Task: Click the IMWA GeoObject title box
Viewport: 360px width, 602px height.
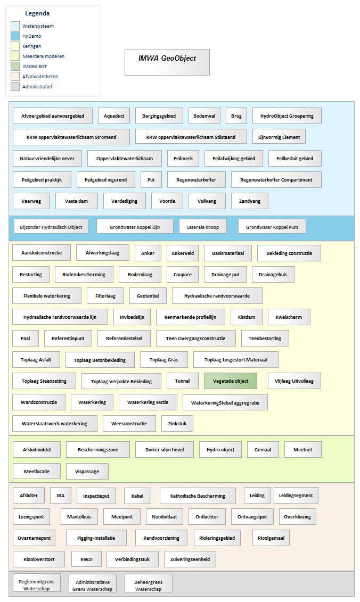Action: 167,62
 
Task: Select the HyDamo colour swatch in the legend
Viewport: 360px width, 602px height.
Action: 15,36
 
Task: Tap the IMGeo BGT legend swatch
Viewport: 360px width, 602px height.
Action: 15,66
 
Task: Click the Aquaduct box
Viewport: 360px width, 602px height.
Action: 114,116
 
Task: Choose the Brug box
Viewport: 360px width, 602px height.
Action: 236,116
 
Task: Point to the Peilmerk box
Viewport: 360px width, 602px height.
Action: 183,159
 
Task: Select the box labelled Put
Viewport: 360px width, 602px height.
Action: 151,180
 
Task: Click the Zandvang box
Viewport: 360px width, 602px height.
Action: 250,201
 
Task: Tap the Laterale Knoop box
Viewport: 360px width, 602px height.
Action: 203,227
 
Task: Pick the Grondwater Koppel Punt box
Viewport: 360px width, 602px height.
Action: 272,227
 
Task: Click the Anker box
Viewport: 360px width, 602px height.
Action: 148,253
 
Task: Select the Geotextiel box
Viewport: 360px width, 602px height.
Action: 148,295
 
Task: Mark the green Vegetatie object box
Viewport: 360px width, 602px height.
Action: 231,381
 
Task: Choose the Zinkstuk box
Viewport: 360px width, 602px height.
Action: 177,424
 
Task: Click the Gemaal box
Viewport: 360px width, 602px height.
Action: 263,450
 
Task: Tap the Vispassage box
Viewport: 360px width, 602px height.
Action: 87,472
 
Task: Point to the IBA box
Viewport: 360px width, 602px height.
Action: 61,495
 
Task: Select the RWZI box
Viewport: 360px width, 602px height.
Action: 86,559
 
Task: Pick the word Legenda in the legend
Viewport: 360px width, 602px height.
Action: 37,13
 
